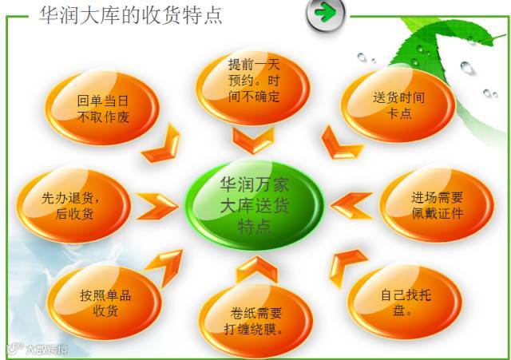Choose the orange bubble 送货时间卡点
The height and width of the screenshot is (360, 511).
click(x=398, y=105)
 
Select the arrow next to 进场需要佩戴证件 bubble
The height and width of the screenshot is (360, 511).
click(x=352, y=205)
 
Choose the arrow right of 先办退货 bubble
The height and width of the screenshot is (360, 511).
click(x=156, y=205)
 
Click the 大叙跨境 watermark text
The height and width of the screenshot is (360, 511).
click(x=38, y=349)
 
